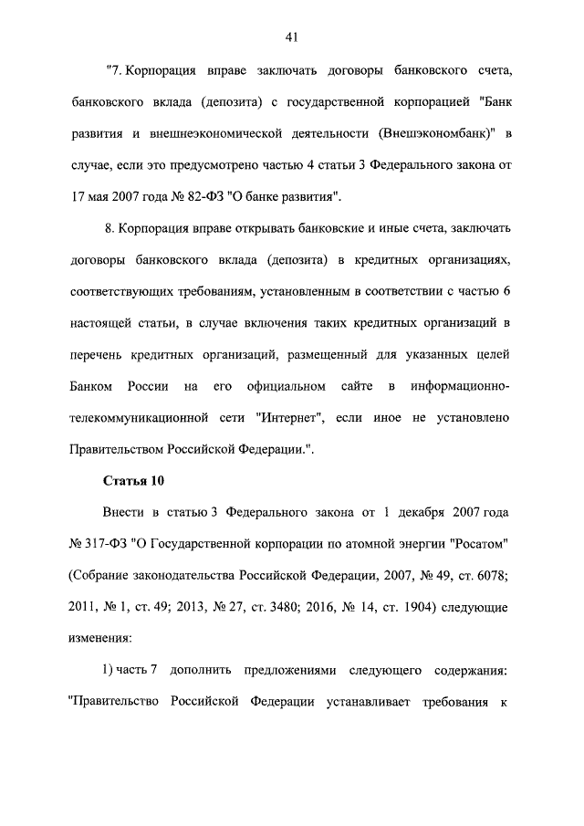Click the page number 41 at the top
pyautogui.click(x=292, y=37)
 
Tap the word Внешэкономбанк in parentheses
pyautogui.click(x=431, y=134)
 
